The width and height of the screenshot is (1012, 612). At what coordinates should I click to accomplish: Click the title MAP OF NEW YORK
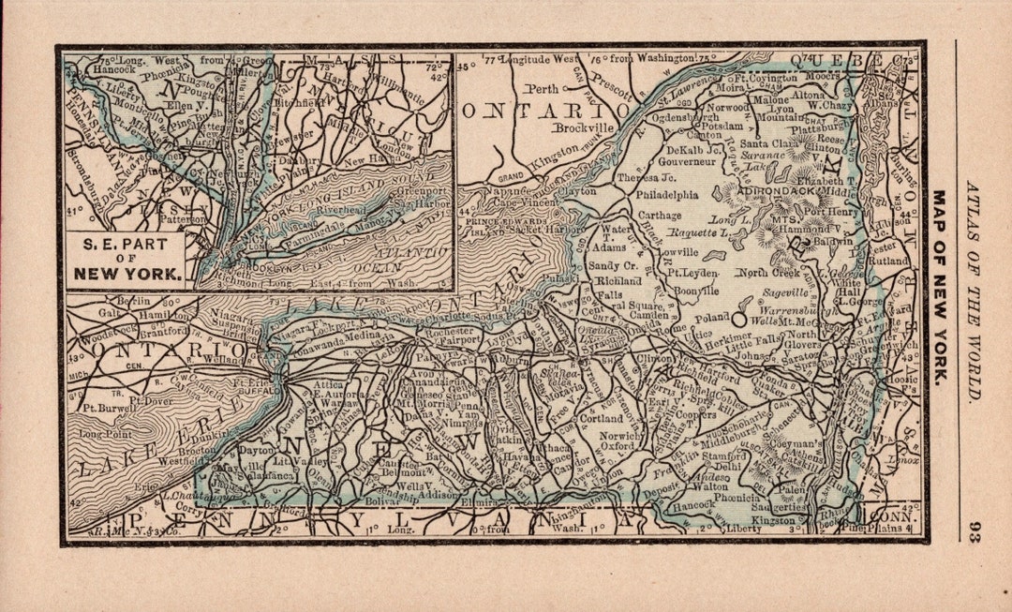click(939, 287)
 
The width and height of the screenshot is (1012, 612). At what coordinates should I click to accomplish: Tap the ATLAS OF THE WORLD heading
click(974, 291)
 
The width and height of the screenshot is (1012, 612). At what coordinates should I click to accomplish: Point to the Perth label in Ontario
click(542, 90)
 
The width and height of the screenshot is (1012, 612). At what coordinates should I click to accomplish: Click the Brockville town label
click(582, 127)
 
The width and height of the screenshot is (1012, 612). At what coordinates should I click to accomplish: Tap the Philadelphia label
click(667, 195)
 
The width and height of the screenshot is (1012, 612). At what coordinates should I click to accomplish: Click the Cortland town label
click(601, 418)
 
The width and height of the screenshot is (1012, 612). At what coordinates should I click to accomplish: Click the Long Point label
click(101, 435)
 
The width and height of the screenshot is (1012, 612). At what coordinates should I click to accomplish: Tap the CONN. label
click(889, 515)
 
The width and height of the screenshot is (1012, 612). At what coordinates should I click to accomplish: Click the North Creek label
click(771, 273)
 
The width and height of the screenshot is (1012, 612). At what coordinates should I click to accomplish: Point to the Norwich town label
click(621, 435)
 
